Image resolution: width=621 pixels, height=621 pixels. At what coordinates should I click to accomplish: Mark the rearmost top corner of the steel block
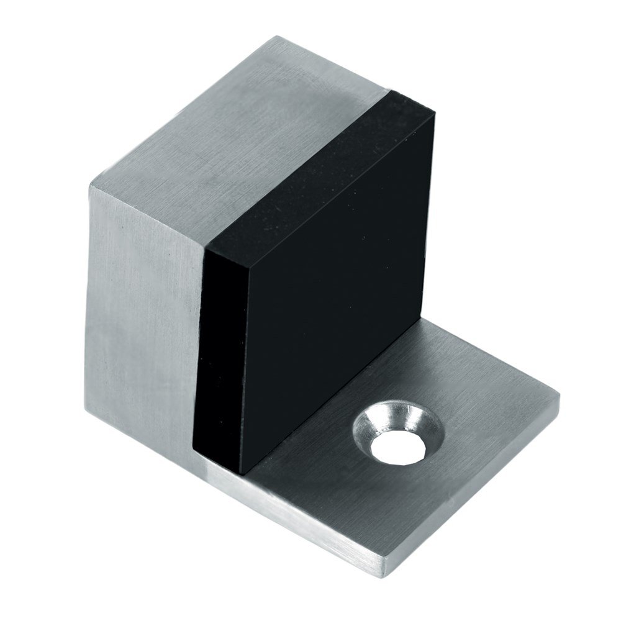point(287,39)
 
